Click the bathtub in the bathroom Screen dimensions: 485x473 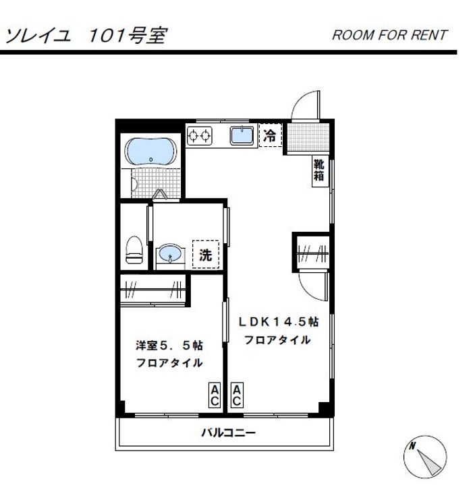152,152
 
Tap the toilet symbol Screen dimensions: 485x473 134,249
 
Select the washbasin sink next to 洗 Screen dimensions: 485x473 169,255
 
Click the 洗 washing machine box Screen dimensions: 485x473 206,255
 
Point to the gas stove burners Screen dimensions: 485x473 199,135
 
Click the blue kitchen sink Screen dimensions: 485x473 241,135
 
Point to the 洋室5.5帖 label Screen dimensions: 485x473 169,346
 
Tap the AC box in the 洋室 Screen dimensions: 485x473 214,395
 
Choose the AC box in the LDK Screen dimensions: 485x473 237,395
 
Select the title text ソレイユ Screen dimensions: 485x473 38,34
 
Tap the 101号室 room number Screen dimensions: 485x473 127,34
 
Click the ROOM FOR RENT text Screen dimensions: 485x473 389,35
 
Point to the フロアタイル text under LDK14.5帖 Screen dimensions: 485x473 277,339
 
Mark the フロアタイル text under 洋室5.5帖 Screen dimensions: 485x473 169,363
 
